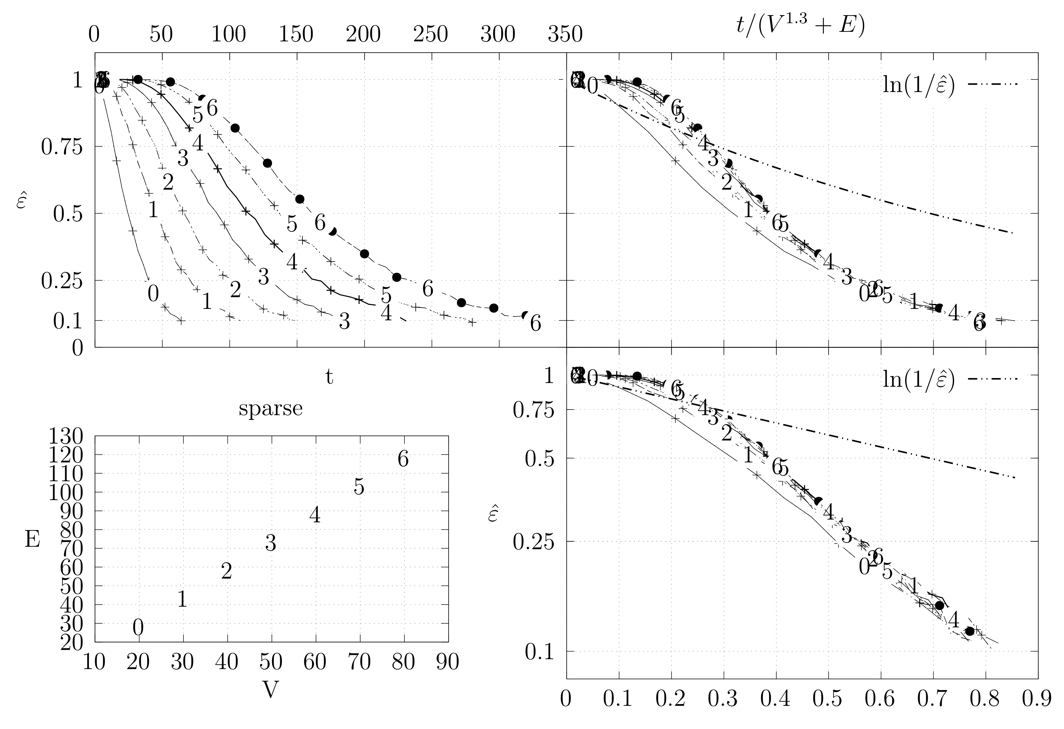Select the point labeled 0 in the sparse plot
click(x=138, y=628)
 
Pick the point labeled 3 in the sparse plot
click(x=271, y=544)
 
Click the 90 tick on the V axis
click(x=448, y=662)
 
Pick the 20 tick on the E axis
click(x=71, y=643)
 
